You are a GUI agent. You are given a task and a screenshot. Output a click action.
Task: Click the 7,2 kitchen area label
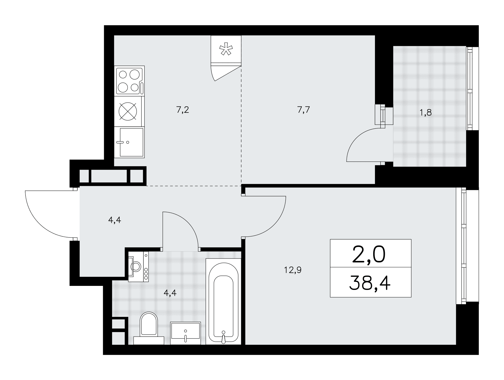coord(183,110)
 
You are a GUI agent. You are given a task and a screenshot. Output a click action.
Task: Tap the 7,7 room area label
coord(303,110)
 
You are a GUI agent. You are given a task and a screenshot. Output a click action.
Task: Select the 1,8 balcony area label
coord(426,113)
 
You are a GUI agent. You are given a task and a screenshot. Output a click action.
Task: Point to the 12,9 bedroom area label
coord(293,270)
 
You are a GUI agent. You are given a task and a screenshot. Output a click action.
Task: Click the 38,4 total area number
coord(370,283)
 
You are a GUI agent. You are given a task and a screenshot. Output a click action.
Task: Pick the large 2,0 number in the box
coord(369,254)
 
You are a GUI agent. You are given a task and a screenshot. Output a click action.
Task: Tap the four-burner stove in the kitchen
coord(130,81)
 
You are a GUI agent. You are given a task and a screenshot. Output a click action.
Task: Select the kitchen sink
coord(130,142)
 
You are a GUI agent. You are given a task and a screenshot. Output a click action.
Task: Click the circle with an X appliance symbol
coord(128,111)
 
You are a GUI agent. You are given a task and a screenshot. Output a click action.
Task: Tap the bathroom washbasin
coord(185,333)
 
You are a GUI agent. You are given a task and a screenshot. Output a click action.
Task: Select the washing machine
coord(138,266)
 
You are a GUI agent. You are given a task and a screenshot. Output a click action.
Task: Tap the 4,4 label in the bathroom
coord(170,293)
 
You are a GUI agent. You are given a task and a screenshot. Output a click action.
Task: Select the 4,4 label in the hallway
coord(115,220)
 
